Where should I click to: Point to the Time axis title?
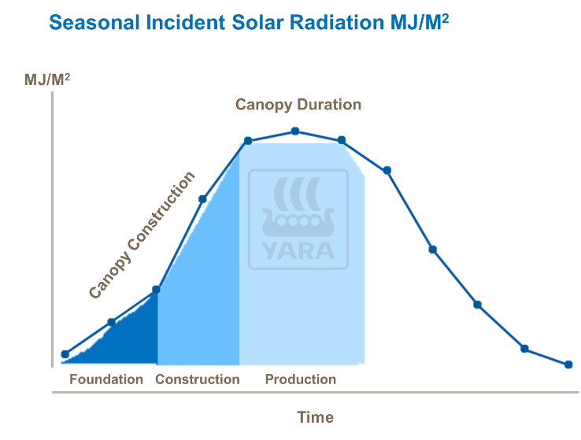point(315,417)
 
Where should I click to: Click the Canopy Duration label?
point(298,105)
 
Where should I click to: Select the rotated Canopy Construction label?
point(142,235)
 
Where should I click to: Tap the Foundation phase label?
point(106,379)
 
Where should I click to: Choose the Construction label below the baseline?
point(197,379)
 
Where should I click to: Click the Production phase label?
point(300,379)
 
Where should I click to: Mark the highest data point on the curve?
point(295,131)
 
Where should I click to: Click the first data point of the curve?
point(65,354)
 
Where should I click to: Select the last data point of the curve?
point(568,364)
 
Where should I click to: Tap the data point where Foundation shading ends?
point(156,290)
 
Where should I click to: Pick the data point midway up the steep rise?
point(202,198)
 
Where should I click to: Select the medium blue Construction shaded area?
point(201,299)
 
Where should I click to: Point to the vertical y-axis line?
point(52,236)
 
